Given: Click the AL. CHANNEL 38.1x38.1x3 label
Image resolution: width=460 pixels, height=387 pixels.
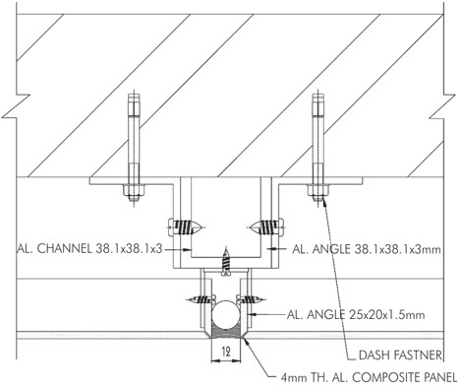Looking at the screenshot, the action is click(89, 249).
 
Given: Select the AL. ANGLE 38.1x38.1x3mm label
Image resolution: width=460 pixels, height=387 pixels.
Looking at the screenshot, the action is click(367, 249).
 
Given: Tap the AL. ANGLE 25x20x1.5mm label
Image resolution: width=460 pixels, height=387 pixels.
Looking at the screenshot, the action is click(356, 315).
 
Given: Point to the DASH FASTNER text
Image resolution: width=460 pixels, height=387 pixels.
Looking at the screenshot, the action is click(400, 355).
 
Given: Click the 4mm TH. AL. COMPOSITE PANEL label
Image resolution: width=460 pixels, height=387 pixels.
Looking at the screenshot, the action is click(369, 377).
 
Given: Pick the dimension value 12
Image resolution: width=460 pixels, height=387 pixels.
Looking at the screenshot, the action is click(226, 352).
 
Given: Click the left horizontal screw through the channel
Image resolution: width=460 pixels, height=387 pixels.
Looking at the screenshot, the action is click(185, 227).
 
